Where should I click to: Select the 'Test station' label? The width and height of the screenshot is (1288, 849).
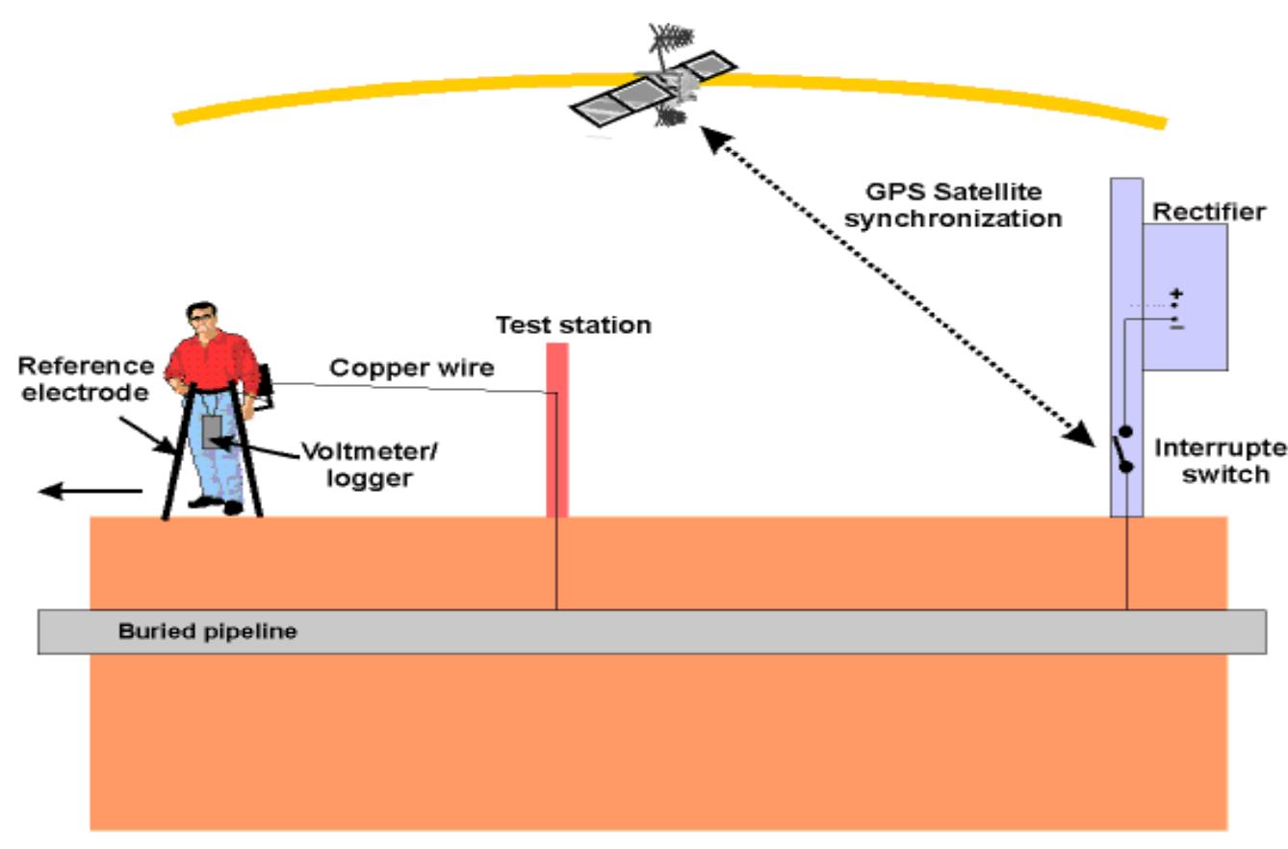pyautogui.click(x=574, y=325)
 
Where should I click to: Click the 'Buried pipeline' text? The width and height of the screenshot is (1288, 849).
pyautogui.click(x=208, y=632)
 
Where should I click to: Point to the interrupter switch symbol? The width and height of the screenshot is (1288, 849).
pyautogui.click(x=1121, y=450)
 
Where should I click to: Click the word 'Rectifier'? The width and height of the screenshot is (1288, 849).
pyautogui.click(x=1209, y=212)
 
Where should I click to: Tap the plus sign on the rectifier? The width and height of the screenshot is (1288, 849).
pyautogui.click(x=1176, y=294)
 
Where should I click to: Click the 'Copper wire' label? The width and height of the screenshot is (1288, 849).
pyautogui.click(x=412, y=368)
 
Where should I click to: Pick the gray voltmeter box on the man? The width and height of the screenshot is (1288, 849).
pyautogui.click(x=212, y=431)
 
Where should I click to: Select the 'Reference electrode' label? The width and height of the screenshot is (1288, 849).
pyautogui.click(x=86, y=379)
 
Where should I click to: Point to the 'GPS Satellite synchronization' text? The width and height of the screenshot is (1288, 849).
pyautogui.click(x=952, y=205)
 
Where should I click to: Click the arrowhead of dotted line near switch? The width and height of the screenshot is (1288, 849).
pyautogui.click(x=1084, y=435)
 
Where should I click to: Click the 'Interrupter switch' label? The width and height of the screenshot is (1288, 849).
pyautogui.click(x=1221, y=461)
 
